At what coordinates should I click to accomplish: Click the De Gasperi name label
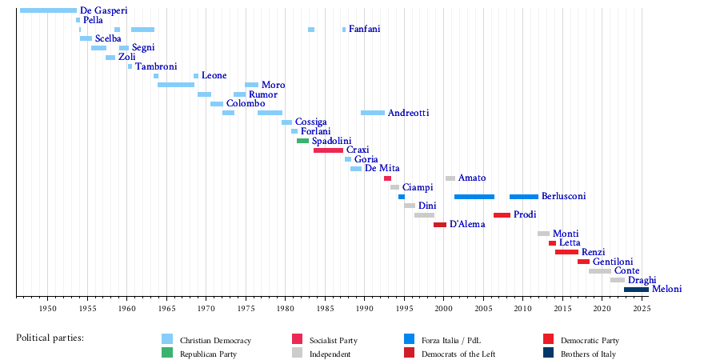(x=103, y=10)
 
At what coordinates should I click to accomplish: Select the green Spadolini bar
(x=302, y=141)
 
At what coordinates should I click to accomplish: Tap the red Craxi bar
(x=328, y=150)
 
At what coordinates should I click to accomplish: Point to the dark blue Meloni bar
(x=636, y=290)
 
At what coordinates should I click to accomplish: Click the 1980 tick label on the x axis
(x=285, y=309)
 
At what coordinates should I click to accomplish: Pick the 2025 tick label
(x=641, y=309)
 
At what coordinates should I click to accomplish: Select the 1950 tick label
(x=47, y=309)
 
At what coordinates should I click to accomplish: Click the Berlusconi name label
(x=564, y=196)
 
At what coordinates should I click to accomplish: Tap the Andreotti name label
(x=408, y=113)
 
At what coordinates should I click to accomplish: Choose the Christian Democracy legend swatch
(x=166, y=339)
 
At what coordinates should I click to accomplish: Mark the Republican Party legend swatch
(x=166, y=353)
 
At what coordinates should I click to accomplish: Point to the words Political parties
(x=50, y=338)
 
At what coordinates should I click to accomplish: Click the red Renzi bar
(x=566, y=252)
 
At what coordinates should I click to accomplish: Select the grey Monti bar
(x=544, y=234)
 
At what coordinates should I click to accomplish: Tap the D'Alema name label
(x=467, y=224)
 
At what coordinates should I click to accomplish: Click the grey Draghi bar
(x=617, y=280)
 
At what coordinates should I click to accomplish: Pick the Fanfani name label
(x=364, y=30)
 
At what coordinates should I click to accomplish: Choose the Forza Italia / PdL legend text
(x=454, y=340)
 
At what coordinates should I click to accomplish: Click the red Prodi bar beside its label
(x=502, y=215)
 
